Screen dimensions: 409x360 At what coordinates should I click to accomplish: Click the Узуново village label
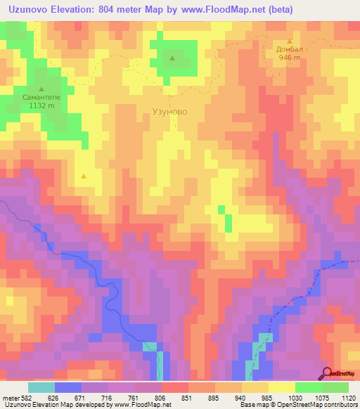pyautogui.click(x=170, y=111)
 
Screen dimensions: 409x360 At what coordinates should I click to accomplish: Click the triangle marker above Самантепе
pyautogui.click(x=41, y=89)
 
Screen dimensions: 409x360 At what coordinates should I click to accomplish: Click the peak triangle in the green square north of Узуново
pyautogui.click(x=172, y=58)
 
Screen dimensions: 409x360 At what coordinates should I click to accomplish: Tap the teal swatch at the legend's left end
pyautogui.click(x=41, y=387)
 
